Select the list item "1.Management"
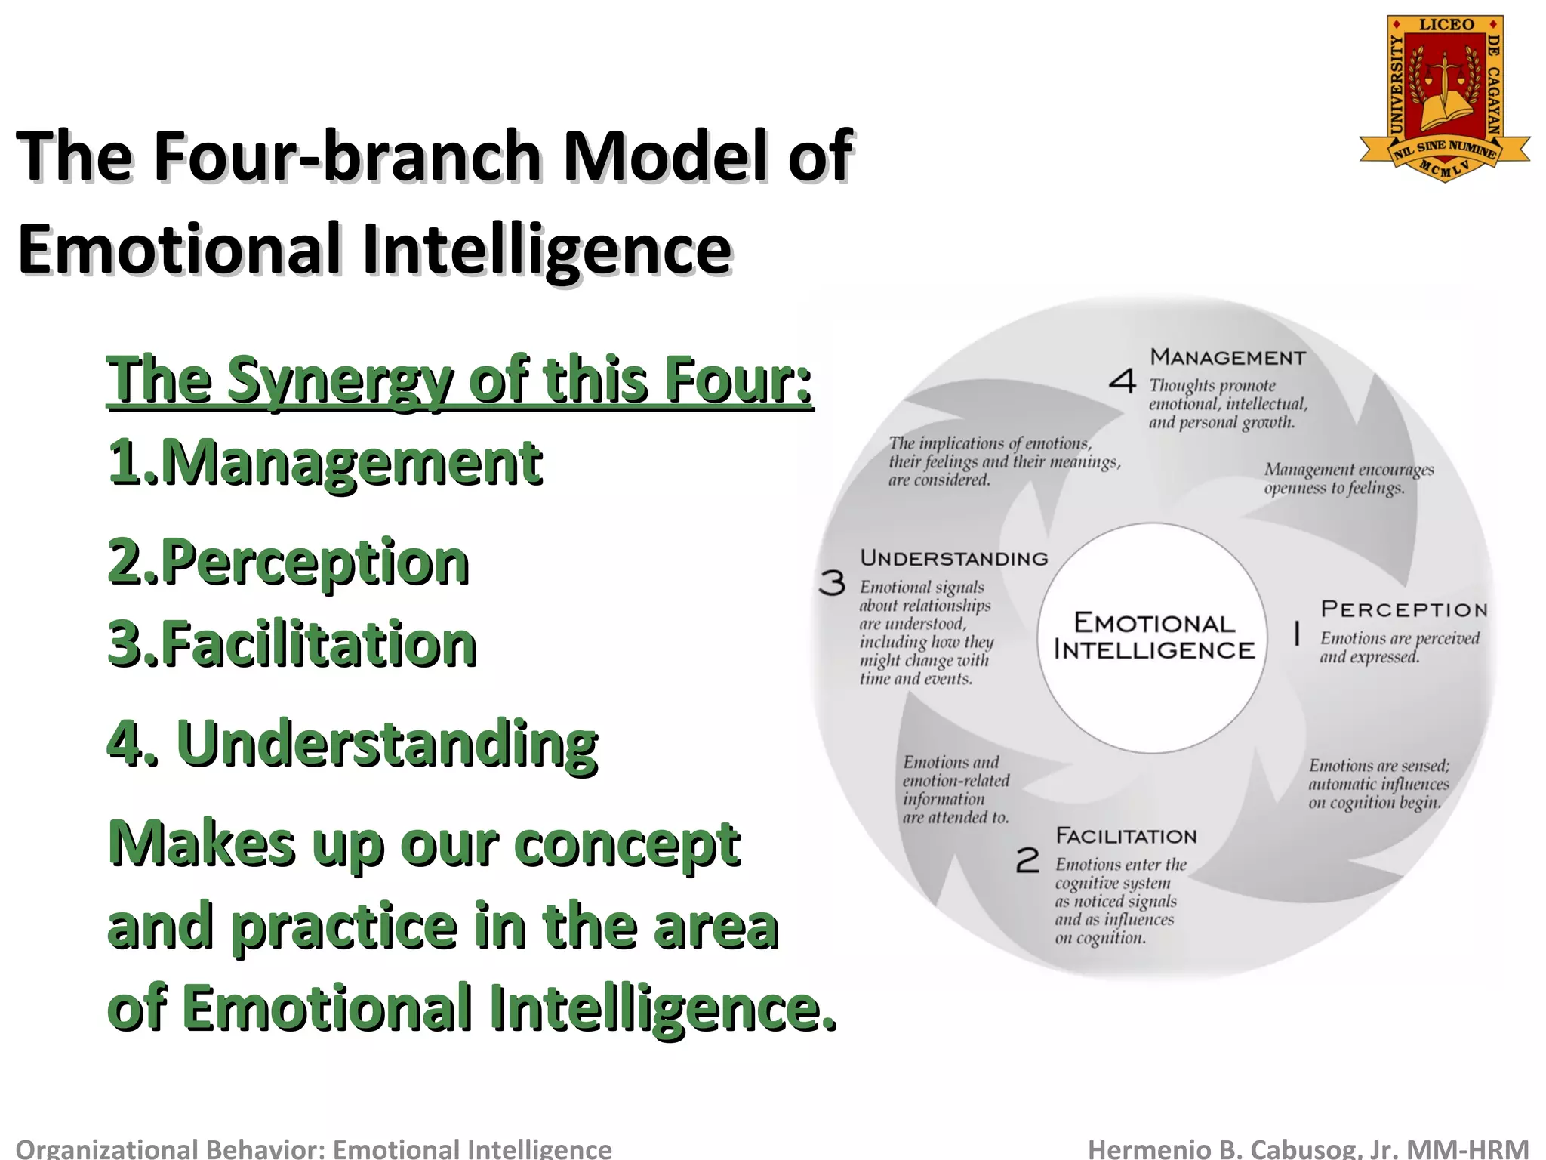[x=325, y=462]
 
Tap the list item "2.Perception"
[x=288, y=562]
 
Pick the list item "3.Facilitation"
[x=292, y=644]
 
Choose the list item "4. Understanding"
[x=353, y=742]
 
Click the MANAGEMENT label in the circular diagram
[x=1227, y=357]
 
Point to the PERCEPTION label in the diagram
[x=1404, y=609]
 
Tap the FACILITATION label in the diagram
[x=1126, y=836]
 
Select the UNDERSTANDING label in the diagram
[x=954, y=559]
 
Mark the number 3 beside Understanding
[x=832, y=583]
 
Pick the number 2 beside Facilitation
[x=1027, y=860]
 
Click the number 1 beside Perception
[x=1297, y=634]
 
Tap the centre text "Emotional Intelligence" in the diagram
[x=1153, y=637]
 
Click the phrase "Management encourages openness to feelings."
[x=1348, y=479]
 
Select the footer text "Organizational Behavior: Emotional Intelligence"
[x=313, y=1149]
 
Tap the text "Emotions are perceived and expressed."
[x=1399, y=647]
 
